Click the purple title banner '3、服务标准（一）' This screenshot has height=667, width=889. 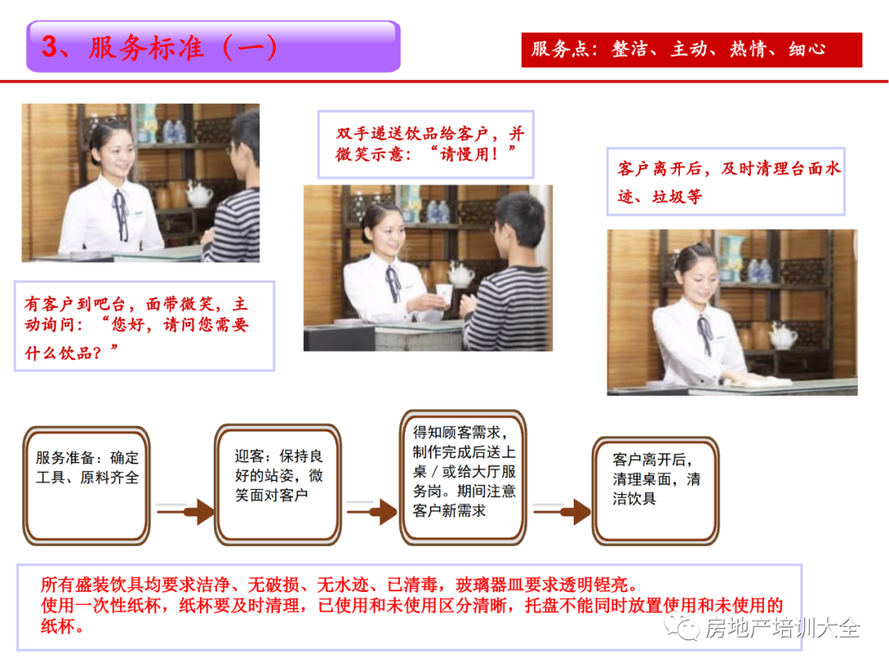tap(213, 46)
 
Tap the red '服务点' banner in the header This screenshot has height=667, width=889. tap(691, 50)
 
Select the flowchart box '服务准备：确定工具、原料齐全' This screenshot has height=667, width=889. tap(86, 486)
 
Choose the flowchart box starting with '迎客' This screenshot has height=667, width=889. tap(278, 485)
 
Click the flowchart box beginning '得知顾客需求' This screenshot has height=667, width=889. tap(463, 478)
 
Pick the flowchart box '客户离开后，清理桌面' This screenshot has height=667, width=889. tap(655, 491)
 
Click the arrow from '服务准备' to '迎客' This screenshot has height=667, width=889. tap(185, 512)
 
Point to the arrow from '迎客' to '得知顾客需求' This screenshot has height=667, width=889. tap(371, 512)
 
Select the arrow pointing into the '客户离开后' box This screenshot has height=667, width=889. tap(561, 512)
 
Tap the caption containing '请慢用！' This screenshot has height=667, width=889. tap(426, 144)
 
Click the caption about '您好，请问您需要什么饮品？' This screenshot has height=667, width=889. tap(144, 326)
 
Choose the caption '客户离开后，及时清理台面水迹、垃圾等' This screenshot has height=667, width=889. tap(726, 181)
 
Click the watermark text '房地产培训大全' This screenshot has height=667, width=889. tap(783, 627)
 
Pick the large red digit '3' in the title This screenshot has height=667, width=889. tap(50, 47)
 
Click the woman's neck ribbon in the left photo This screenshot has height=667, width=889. tap(121, 216)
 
